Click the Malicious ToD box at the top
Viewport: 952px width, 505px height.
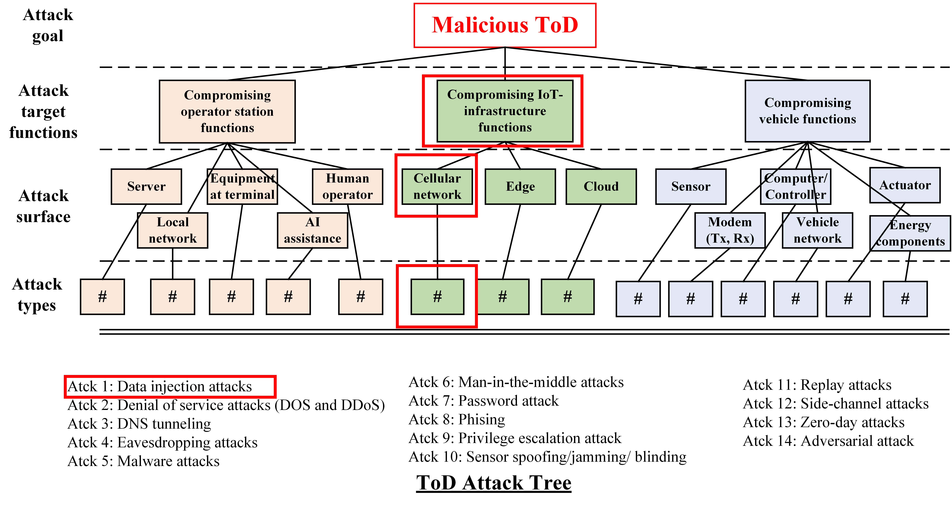click(x=505, y=25)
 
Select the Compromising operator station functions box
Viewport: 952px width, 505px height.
click(x=227, y=111)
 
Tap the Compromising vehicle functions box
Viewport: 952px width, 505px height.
click(x=807, y=111)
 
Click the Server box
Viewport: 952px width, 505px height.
click(x=146, y=186)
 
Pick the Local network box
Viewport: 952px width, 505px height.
click(x=173, y=230)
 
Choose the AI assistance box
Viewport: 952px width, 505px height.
click(x=313, y=230)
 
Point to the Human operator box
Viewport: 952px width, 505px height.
click(x=347, y=186)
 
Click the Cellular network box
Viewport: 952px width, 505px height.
click(x=437, y=186)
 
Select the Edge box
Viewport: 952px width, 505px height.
click(x=520, y=186)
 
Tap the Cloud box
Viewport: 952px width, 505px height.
click(x=601, y=186)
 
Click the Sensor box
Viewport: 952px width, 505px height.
click(x=691, y=186)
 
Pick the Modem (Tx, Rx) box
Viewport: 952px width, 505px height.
click(x=730, y=230)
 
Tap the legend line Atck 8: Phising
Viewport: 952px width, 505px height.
click(x=457, y=420)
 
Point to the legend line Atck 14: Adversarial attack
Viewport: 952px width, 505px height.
click(x=828, y=441)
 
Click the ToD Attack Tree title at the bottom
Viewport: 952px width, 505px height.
click(x=494, y=483)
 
